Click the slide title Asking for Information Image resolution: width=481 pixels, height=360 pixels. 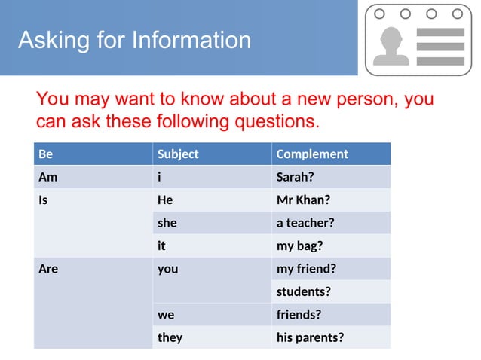(x=134, y=40)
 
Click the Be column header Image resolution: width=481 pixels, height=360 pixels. (x=46, y=154)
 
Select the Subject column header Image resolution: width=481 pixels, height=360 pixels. (x=178, y=154)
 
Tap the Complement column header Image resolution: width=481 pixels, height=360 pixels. (x=312, y=154)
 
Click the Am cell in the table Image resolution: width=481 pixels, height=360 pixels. (x=48, y=177)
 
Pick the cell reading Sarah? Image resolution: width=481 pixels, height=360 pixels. (x=295, y=177)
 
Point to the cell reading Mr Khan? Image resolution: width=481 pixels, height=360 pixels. (x=303, y=200)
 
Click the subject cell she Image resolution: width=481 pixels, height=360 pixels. (x=167, y=223)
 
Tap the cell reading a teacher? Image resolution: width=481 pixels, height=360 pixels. (x=305, y=223)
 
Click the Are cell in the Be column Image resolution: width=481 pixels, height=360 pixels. (x=48, y=268)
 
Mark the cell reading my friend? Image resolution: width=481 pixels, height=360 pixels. (x=306, y=268)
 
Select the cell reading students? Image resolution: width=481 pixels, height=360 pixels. (x=304, y=291)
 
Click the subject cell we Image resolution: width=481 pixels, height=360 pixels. (x=165, y=314)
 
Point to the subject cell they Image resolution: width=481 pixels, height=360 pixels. (x=170, y=337)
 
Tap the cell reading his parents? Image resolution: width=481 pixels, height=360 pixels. (x=310, y=337)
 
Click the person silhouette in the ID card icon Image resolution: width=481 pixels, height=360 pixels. (x=391, y=45)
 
